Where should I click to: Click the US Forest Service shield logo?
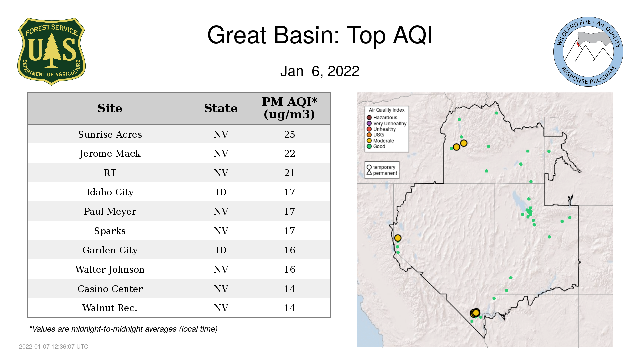[x=51, y=51]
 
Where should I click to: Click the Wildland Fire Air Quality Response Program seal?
[x=588, y=52]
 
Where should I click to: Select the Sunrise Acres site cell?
[x=110, y=134]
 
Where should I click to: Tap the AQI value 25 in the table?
[x=289, y=134]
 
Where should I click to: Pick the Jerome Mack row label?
[x=110, y=154]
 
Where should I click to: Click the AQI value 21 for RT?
[x=289, y=173]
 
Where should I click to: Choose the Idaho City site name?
[x=110, y=192]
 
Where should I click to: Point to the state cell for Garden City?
[x=221, y=250]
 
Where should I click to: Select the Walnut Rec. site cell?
[x=110, y=308]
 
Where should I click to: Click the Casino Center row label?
[x=110, y=289]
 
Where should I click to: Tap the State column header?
[x=221, y=108]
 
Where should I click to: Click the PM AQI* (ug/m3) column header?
[x=289, y=108]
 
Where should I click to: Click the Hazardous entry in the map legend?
[x=382, y=118]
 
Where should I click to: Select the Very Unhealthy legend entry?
[x=387, y=123]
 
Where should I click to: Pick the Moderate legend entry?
[x=380, y=141]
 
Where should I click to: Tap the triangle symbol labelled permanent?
[x=369, y=173]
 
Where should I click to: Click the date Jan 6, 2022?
[x=320, y=71]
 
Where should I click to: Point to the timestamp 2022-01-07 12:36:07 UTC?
[x=54, y=347]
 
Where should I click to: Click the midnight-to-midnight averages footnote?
[x=123, y=329]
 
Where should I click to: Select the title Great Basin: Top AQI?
[x=320, y=35]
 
